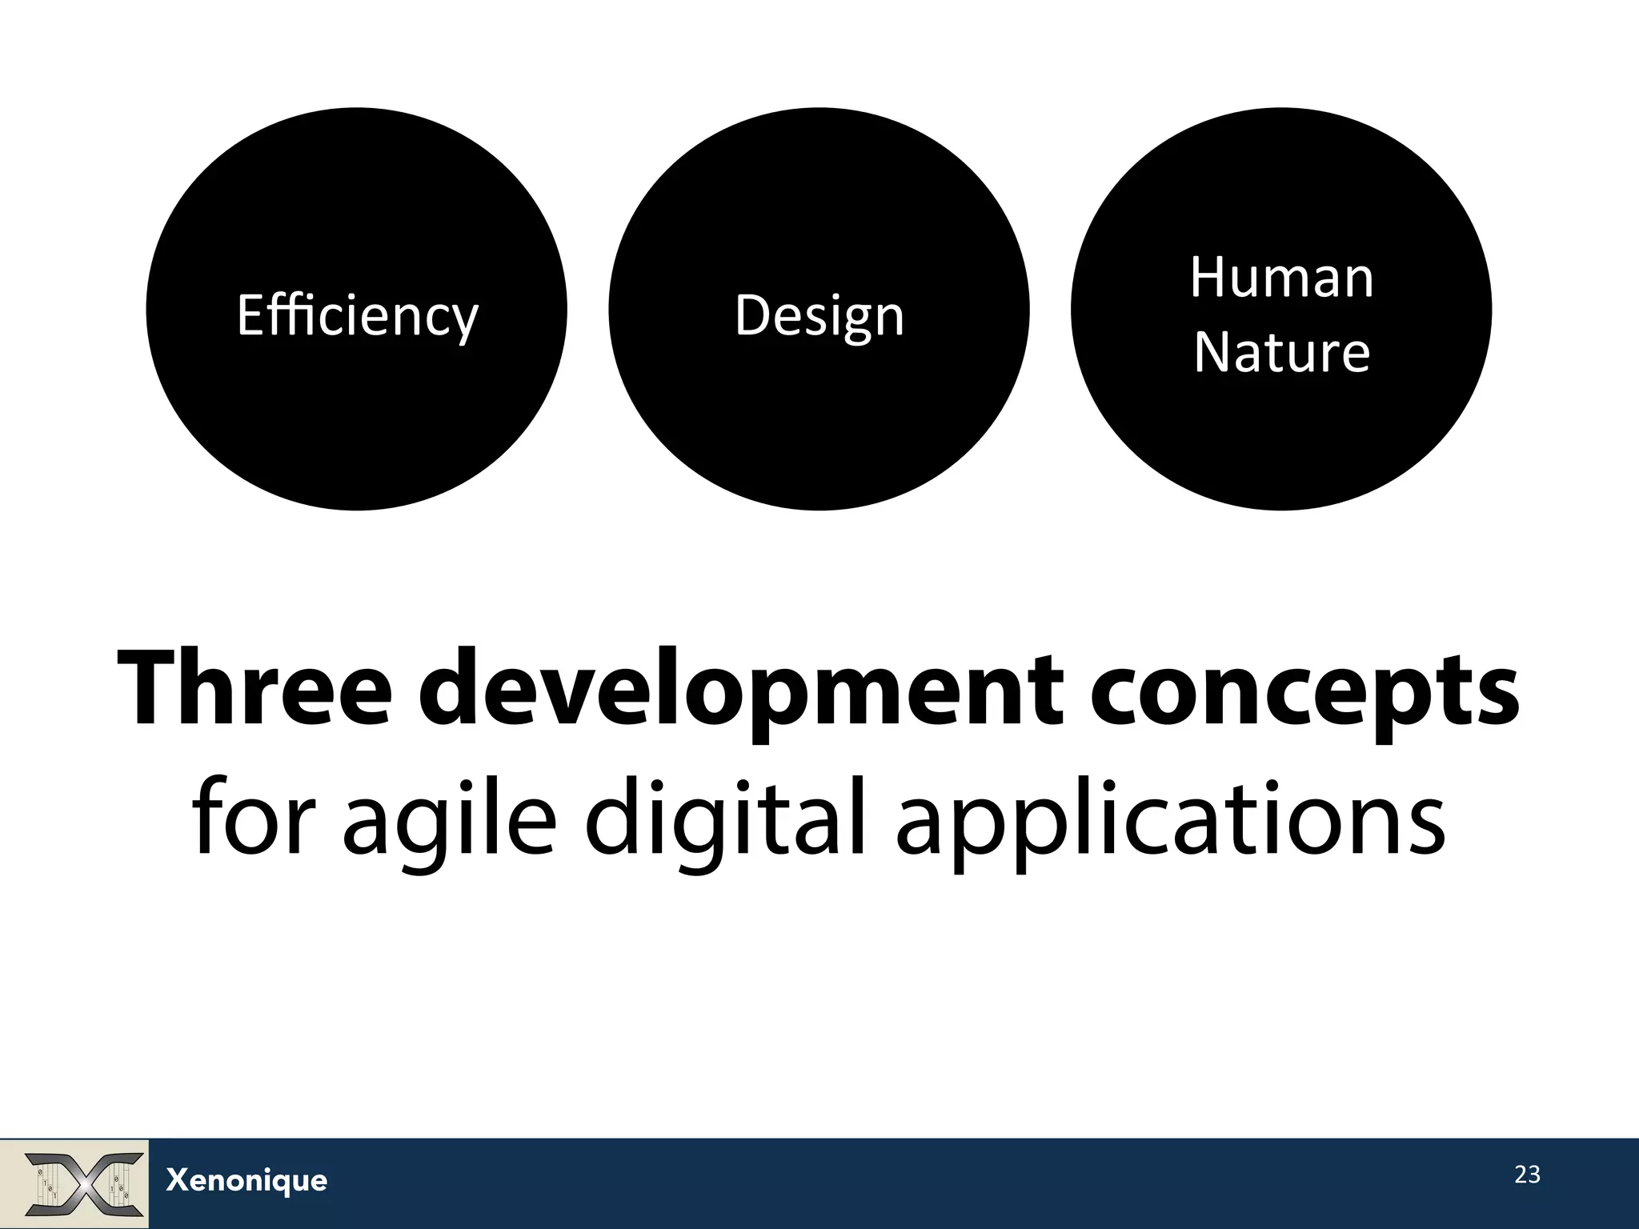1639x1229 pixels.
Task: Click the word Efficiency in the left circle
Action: point(357,315)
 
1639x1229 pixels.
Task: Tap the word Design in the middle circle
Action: point(819,315)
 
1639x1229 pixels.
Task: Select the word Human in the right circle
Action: point(1281,278)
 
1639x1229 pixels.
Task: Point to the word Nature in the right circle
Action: point(1281,352)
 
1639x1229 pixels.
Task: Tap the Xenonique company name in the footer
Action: point(246,1180)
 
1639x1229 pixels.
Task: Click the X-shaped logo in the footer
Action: point(84,1183)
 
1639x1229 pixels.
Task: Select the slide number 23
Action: point(1527,1175)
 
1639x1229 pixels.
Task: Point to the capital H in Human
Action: point(1208,278)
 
